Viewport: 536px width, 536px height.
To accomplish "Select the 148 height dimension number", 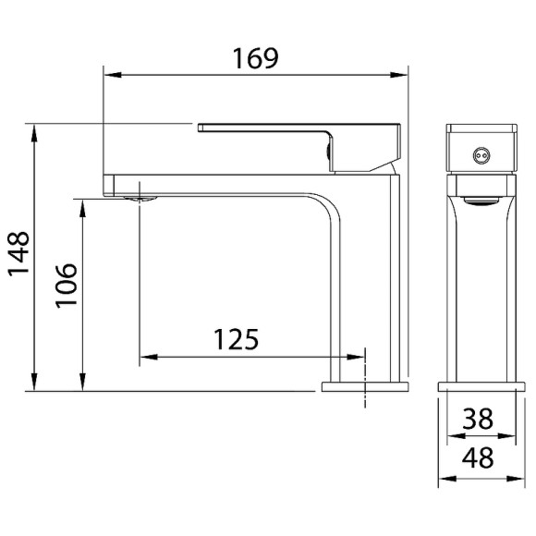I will [x=18, y=256].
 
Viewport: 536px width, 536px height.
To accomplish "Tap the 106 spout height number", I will [x=62, y=290].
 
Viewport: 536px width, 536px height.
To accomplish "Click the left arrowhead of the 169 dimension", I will [x=108, y=77].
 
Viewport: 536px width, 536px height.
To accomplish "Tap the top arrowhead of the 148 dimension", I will [x=35, y=130].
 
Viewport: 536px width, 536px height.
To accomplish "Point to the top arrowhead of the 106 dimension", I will [x=84, y=203].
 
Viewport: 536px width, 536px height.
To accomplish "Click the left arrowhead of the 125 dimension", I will [x=146, y=356].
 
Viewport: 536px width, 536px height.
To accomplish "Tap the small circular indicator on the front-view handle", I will [x=479, y=156].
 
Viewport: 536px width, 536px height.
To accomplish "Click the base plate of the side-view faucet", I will [x=364, y=385].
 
